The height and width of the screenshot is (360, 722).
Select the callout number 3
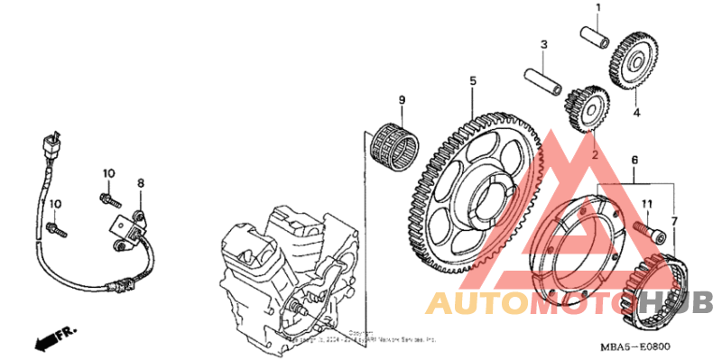[x=544, y=44]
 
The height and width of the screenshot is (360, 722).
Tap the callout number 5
[x=472, y=81]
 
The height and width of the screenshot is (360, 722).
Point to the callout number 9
[x=403, y=99]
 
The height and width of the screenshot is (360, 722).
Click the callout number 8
[x=141, y=183]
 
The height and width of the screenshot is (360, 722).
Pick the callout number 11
[x=646, y=205]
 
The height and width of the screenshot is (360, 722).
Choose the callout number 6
[x=635, y=160]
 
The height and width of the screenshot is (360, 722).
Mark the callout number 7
[x=673, y=221]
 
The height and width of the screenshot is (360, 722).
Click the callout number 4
[x=635, y=113]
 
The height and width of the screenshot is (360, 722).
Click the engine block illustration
[x=280, y=271]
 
